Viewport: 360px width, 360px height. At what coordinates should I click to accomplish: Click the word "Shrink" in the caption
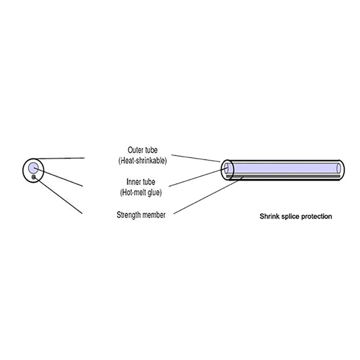point(269,216)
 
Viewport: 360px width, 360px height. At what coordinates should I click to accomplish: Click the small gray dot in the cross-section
point(34,178)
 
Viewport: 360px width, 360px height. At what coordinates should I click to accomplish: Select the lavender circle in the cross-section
point(33,168)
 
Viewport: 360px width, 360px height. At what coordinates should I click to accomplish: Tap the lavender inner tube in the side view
point(283,167)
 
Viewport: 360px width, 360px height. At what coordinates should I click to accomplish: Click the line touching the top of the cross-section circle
point(61,158)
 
